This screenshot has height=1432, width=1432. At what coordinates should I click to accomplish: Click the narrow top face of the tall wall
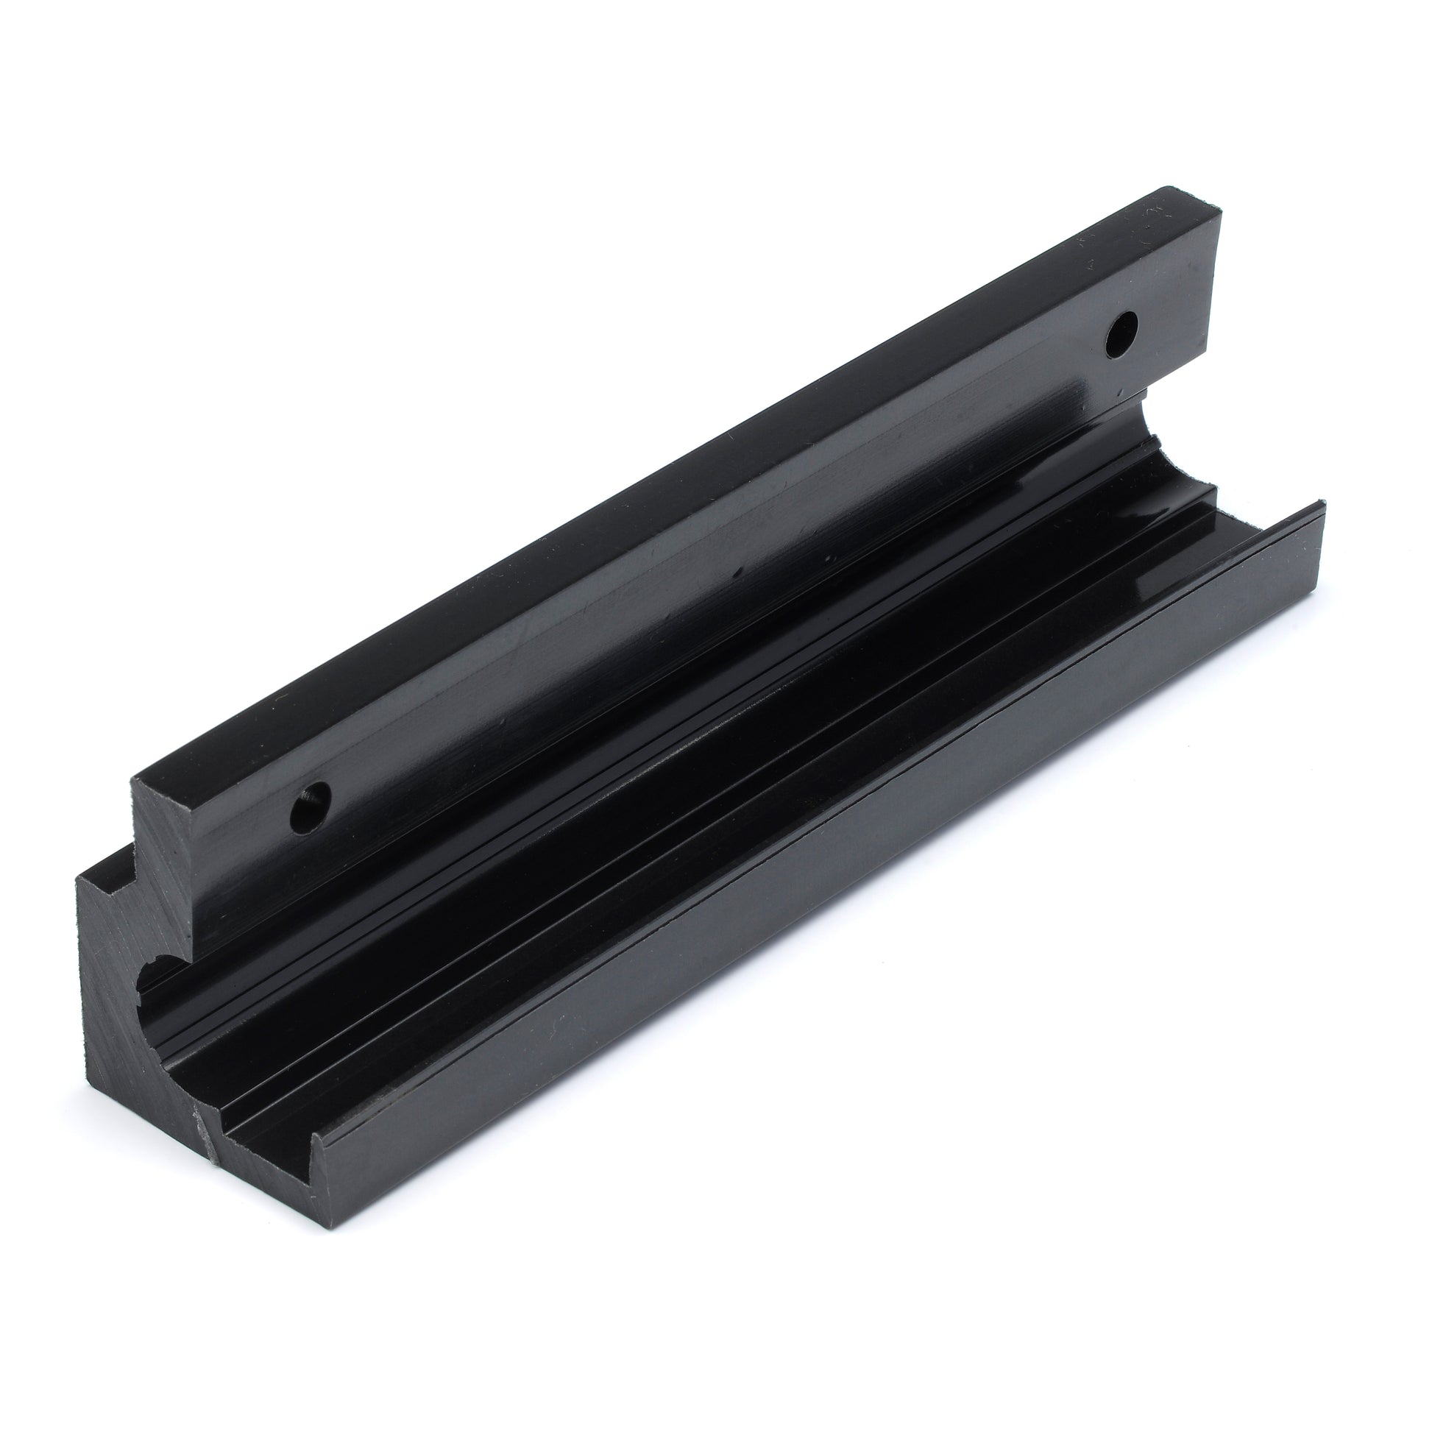[x=667, y=482]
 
